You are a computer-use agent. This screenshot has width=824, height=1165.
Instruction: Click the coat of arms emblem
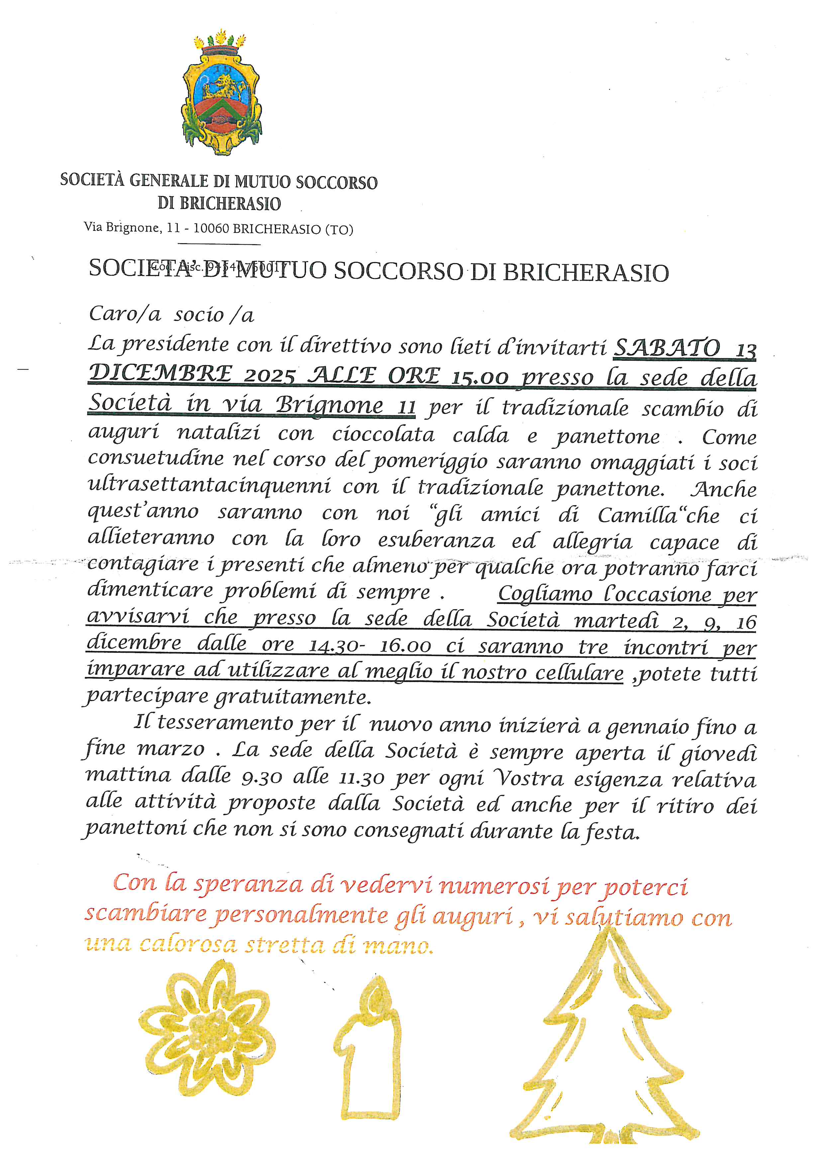coord(222,95)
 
